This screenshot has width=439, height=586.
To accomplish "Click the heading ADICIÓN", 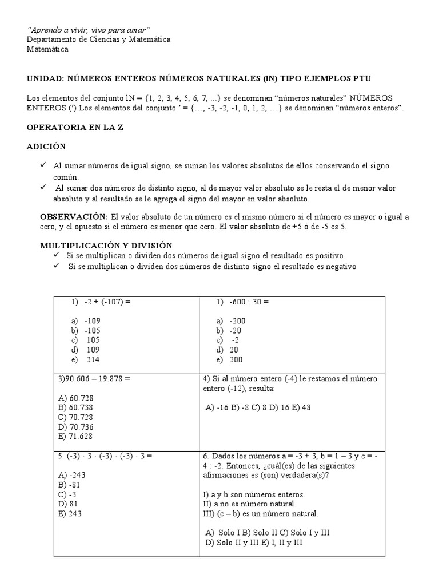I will [46, 146].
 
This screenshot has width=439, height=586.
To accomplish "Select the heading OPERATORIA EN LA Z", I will [75, 128].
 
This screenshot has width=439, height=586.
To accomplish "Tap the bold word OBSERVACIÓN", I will [74, 216].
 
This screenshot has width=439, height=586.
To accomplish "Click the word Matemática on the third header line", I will [48, 49].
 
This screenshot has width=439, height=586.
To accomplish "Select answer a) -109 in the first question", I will [86, 321].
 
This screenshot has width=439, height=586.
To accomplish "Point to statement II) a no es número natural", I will [249, 504].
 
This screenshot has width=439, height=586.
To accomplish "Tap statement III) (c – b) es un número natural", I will [261, 514].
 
